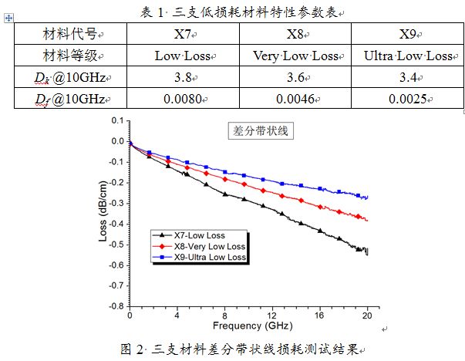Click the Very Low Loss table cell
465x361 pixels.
point(295,56)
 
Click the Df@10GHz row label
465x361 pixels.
point(69,99)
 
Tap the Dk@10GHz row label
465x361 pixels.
point(69,77)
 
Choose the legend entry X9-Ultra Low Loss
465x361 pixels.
point(204,257)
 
